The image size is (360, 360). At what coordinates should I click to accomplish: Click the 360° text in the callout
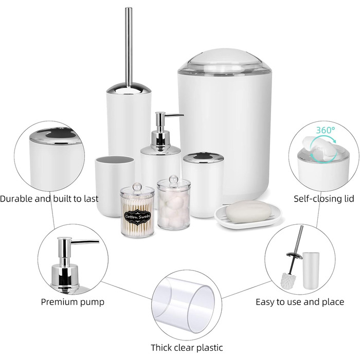(x=326, y=130)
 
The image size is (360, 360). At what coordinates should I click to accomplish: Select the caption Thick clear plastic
(x=187, y=347)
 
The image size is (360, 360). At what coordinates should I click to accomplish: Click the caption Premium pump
(x=73, y=302)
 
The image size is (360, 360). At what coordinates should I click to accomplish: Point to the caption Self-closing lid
(x=324, y=199)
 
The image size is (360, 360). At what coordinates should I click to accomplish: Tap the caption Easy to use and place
(x=300, y=302)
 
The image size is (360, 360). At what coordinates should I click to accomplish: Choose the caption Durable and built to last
(x=49, y=199)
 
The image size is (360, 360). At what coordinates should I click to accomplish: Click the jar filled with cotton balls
(x=174, y=203)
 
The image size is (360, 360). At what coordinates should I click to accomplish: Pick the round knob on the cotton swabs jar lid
(x=137, y=186)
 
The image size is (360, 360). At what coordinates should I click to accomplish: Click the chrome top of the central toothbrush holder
(x=203, y=157)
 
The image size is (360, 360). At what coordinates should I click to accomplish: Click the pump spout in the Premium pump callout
(x=84, y=242)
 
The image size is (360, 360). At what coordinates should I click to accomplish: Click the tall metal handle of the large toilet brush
(x=129, y=46)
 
